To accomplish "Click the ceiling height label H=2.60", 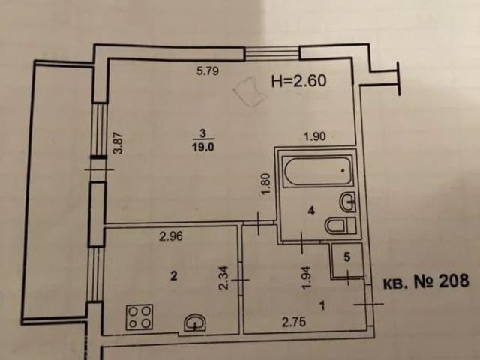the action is coord(299,81).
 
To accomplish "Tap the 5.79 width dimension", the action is coord(208,71).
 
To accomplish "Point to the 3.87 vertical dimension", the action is coord(118,143).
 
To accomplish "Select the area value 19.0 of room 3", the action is coord(203,147).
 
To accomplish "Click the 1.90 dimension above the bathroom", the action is coord(315,136).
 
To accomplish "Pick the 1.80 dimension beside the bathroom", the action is coord(267,184).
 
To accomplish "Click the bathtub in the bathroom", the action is coord(317,171).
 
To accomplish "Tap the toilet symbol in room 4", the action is coord(340,226).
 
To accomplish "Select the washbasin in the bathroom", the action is coord(348,202).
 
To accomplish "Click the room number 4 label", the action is coord(312,211).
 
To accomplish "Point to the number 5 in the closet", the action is coord(346,257).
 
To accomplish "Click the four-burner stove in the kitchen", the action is coord(139,316).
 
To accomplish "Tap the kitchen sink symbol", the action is coord(195,322).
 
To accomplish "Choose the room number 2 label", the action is coord(173,276).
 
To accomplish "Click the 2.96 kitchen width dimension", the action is coord(171,236).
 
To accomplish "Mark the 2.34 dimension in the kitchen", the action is coord(223,277).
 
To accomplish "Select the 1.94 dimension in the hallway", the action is coord(307,277).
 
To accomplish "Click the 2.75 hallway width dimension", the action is coord(294,322).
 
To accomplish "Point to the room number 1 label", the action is coord(322,305).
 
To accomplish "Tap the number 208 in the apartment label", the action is coord(454,280).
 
